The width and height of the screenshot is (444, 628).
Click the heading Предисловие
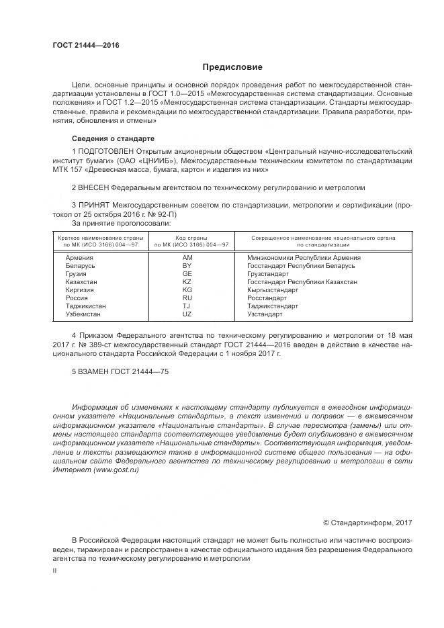[233, 67]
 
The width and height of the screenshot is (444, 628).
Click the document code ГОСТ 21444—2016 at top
[86, 46]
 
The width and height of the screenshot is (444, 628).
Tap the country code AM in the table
[187, 258]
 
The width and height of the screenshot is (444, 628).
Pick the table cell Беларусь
[81, 266]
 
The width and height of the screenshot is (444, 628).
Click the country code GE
[187, 274]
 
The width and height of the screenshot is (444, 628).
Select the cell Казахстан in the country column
[81, 282]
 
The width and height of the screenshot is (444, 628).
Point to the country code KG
[187, 290]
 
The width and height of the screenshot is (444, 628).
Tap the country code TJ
[187, 306]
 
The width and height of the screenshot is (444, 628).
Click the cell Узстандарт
[265, 314]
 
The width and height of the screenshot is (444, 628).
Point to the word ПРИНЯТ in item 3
[94, 204]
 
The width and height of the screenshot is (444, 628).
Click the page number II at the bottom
[55, 570]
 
